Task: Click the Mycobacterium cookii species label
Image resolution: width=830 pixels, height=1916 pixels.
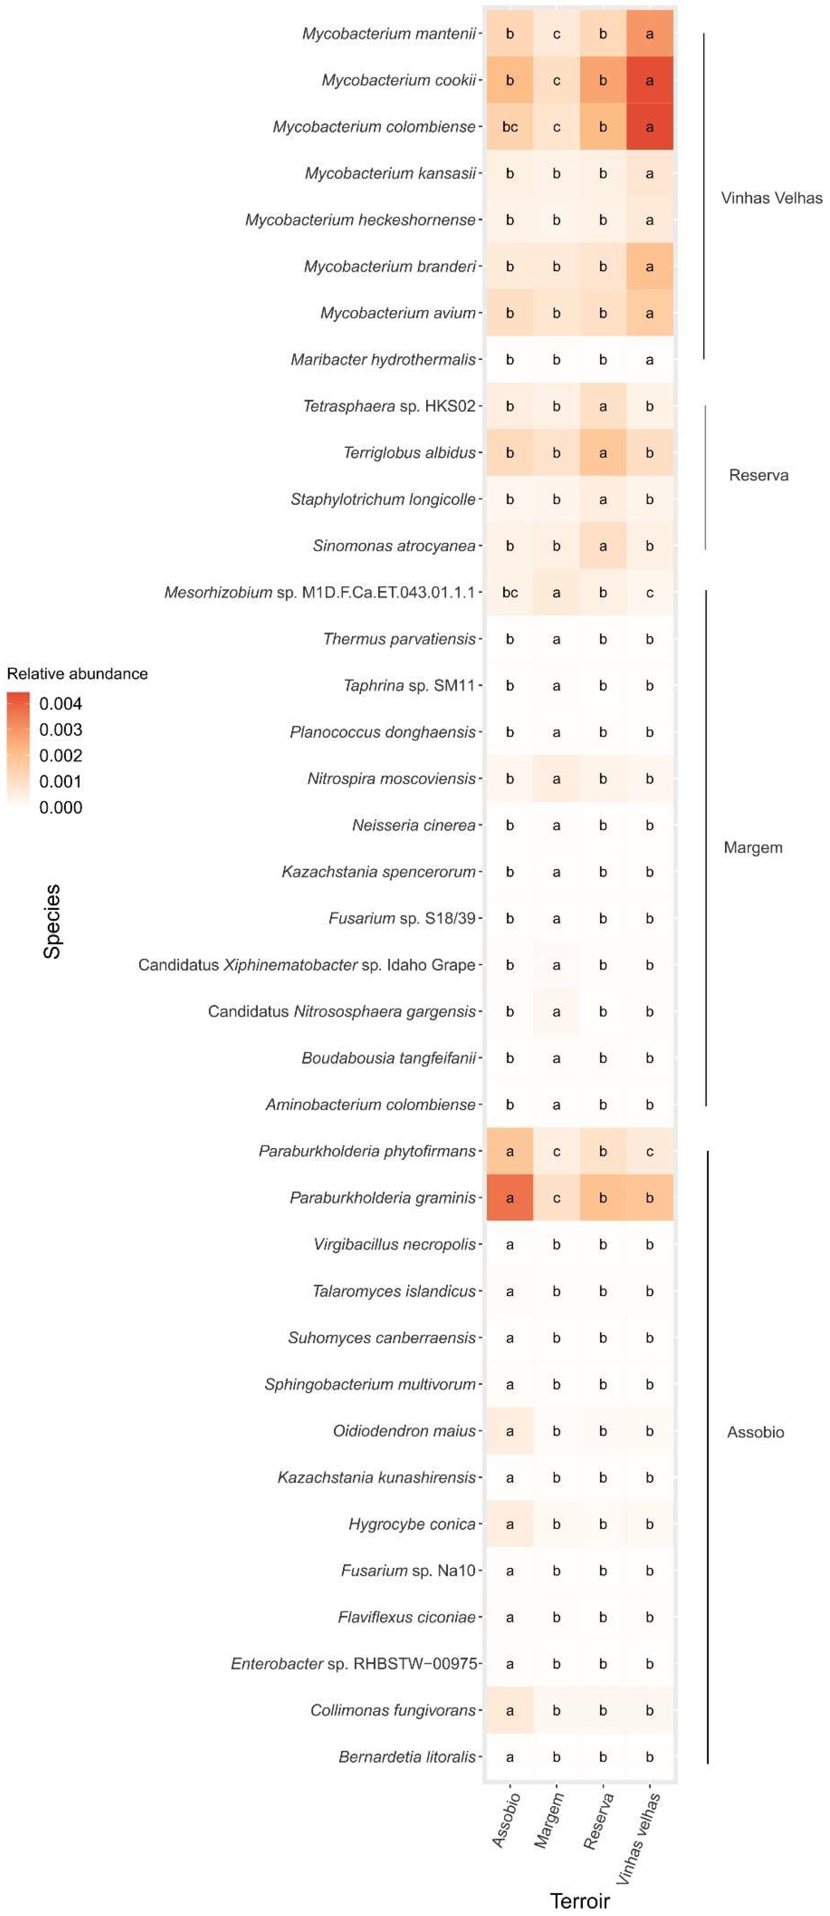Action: point(399,80)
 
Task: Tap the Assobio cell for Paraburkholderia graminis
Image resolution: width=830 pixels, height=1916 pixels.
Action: point(509,1198)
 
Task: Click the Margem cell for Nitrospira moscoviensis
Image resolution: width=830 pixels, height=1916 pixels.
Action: point(556,779)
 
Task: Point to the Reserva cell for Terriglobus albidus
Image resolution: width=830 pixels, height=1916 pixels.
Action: point(602,452)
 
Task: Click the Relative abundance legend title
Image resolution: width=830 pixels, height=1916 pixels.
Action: point(77,674)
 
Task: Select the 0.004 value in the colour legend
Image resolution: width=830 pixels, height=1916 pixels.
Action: point(61,704)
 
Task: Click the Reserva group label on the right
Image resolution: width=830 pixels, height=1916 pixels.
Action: point(759,475)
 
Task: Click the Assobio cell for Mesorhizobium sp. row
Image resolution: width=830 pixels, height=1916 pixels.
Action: point(509,593)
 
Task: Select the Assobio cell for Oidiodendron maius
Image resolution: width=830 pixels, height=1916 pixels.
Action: point(509,1431)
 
